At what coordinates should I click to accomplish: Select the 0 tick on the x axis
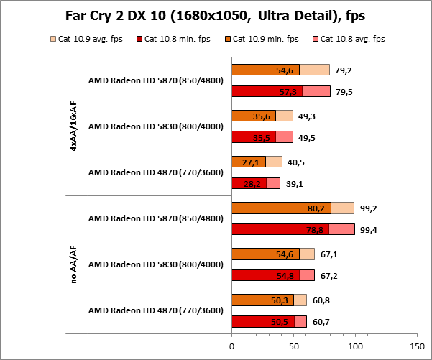(x=231, y=346)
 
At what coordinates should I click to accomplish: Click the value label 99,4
(x=368, y=229)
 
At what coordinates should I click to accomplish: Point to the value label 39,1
(x=293, y=183)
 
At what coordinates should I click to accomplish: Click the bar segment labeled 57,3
(x=267, y=91)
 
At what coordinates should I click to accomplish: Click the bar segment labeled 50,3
(x=262, y=300)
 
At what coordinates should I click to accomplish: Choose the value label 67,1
(x=328, y=254)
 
